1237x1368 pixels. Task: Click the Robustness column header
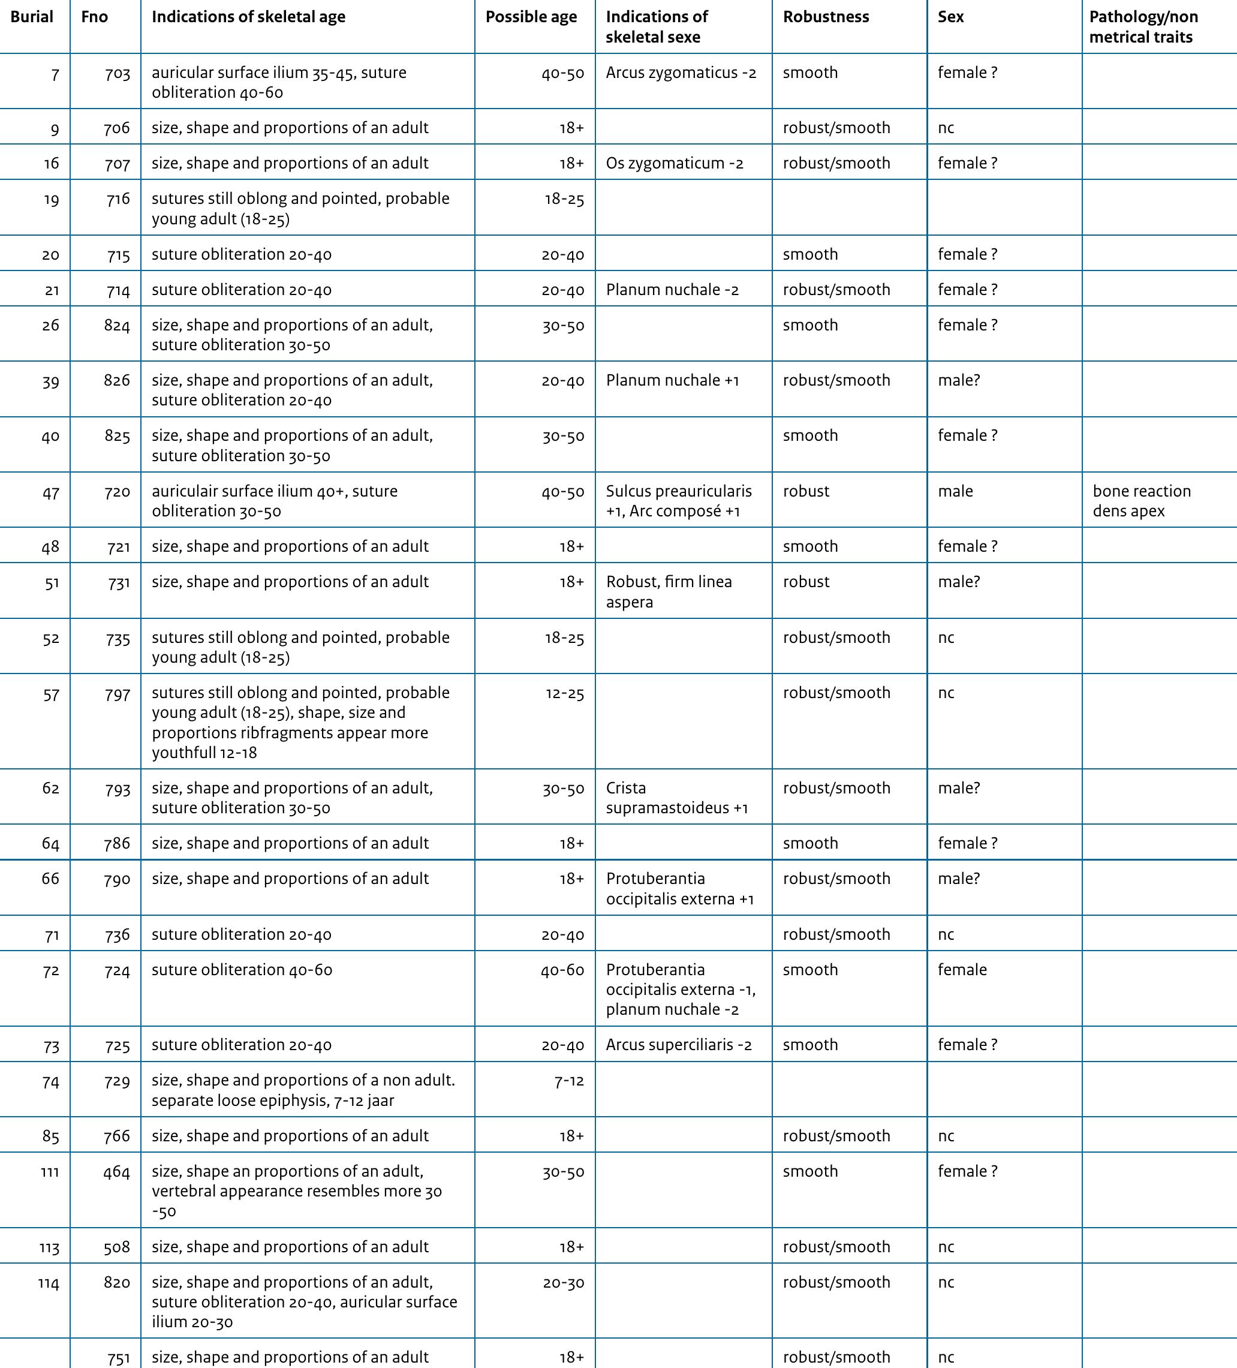[x=826, y=17]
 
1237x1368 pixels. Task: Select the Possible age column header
[x=531, y=17]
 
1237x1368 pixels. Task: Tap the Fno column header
[x=94, y=17]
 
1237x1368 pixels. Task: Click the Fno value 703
[x=118, y=73]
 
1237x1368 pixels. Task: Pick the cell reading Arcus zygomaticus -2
[x=681, y=73]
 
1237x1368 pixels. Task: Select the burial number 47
[x=51, y=492]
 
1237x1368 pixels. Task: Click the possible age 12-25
[x=565, y=693]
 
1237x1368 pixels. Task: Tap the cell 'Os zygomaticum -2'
[x=675, y=164]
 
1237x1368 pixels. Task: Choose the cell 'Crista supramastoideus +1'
[x=676, y=798]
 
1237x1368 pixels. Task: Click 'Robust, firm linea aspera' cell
[x=669, y=592]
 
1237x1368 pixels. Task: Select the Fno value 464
[x=117, y=1172]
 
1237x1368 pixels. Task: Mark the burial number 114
[x=49, y=1283]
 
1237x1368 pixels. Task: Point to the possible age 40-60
[x=562, y=970]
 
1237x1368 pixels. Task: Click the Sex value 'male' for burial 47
[x=955, y=491]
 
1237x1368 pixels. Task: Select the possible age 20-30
[x=563, y=1282]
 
